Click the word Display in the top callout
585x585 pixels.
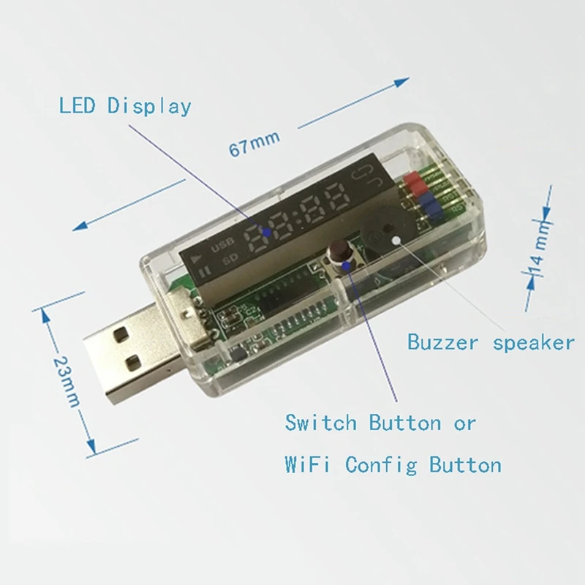click(149, 107)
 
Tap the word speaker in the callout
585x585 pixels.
click(527, 342)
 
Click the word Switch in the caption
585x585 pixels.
click(322, 423)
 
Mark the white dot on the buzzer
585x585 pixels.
click(396, 238)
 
